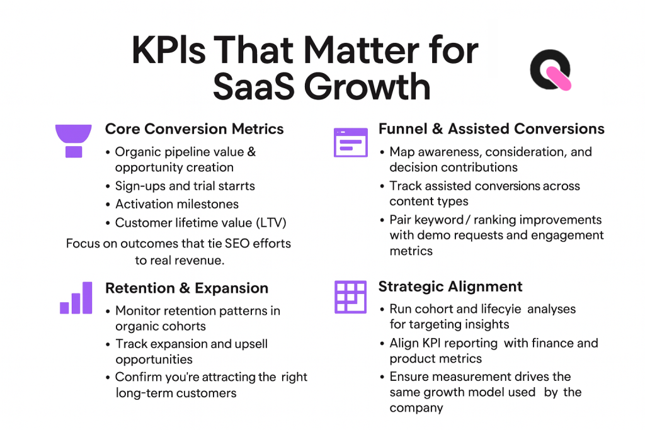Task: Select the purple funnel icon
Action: coord(74,140)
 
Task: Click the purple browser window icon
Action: coord(350,142)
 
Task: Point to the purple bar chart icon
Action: coord(76,298)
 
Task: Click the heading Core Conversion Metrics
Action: coord(194,129)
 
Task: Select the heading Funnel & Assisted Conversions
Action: coord(491,129)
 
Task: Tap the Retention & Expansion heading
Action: coord(186,288)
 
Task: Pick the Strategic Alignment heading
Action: coord(450,287)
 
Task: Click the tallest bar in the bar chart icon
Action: coord(87,297)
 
